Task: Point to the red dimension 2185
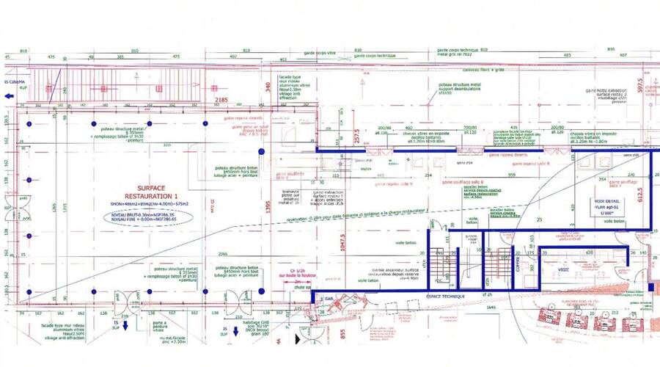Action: [x=222, y=100]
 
